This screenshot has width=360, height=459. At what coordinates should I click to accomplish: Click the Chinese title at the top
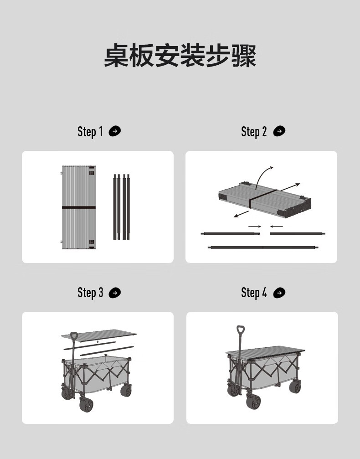coord(180,56)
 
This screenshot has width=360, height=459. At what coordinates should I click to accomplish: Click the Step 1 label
coord(90,132)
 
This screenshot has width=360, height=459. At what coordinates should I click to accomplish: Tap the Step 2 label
coord(254,132)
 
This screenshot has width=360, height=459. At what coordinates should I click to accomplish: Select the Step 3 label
coord(90,293)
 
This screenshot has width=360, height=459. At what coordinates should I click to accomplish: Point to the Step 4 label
coord(254,293)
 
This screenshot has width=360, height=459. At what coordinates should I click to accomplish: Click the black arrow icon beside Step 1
coord(115,131)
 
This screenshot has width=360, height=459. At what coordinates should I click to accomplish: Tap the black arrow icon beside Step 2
coord(279,131)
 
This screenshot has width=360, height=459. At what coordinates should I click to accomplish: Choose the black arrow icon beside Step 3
coord(115,293)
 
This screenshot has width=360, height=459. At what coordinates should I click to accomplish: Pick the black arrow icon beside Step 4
coord(279,293)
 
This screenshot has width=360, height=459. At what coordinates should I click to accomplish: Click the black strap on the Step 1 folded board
coord(79,207)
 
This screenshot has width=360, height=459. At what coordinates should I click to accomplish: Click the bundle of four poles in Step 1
coord(122,207)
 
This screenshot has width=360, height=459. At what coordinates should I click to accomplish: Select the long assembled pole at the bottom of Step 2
coord(263,248)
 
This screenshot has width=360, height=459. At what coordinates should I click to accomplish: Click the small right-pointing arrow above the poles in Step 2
coord(255,226)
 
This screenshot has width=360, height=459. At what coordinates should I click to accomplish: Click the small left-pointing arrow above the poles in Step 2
coord(277,226)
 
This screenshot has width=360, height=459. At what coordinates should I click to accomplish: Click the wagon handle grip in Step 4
coord(241,330)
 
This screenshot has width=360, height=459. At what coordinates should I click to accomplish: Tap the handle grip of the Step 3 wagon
coord(74,336)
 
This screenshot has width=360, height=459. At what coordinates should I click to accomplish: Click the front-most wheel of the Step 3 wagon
coord(86,405)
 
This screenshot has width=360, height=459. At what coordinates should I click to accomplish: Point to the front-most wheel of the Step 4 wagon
coord(253,401)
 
